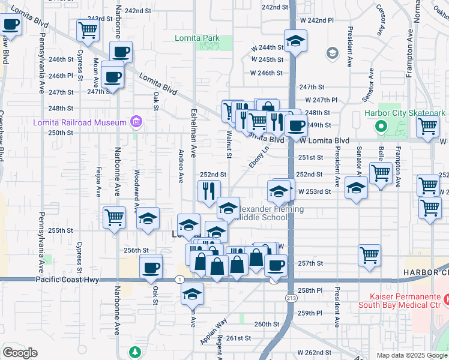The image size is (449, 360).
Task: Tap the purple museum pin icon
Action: [x=136, y=122]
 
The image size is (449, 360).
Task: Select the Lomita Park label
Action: [x=197, y=38]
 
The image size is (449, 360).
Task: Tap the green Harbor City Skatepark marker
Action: [x=380, y=127]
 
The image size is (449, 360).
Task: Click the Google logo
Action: [x=20, y=352]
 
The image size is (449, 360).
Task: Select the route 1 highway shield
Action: [x=179, y=280]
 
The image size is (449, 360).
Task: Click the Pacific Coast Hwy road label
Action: [x=67, y=280]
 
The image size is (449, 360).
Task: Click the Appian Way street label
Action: [x=214, y=330]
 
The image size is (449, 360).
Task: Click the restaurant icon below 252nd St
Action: [x=209, y=191]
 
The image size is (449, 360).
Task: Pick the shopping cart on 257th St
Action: [x=369, y=255]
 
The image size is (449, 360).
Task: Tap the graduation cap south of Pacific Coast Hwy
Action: [x=192, y=294]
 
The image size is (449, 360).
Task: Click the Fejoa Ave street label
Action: [x=97, y=182]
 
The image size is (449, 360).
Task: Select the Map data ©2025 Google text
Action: [x=411, y=355]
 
